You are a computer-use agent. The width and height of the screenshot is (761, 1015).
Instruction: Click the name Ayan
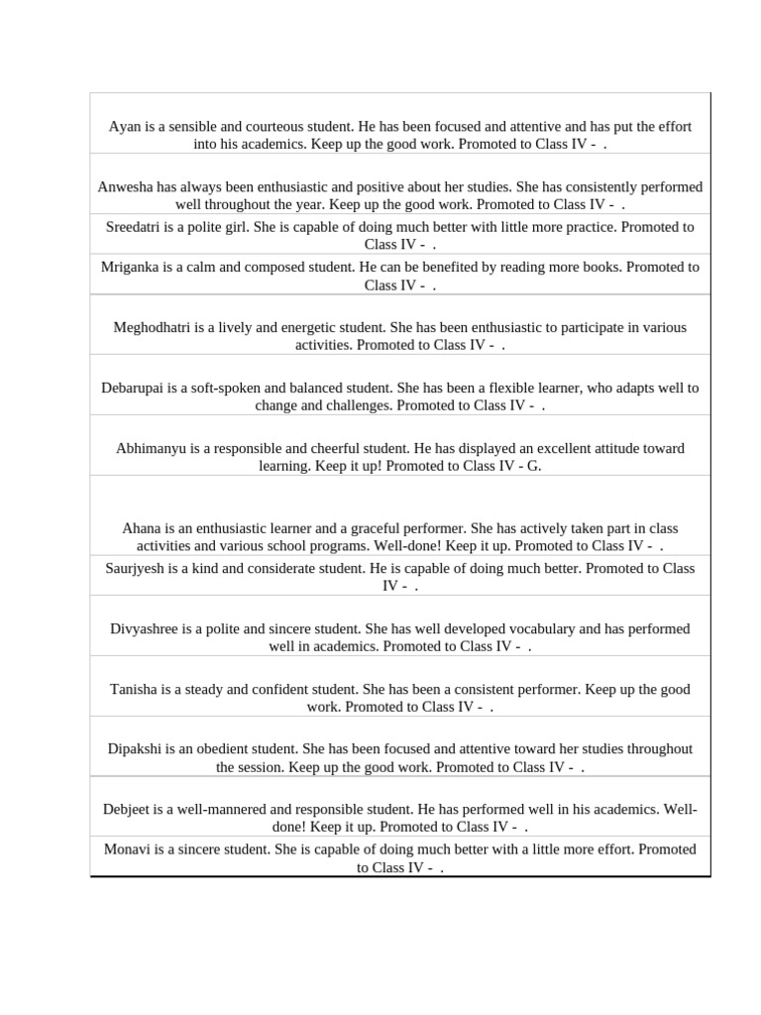pyautogui.click(x=125, y=127)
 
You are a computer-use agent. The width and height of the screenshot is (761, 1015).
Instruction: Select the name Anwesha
pyautogui.click(x=128, y=187)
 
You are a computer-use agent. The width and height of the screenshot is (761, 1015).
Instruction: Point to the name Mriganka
pyautogui.click(x=134, y=267)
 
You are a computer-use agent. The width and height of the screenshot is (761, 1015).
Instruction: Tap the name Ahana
pyautogui.click(x=142, y=529)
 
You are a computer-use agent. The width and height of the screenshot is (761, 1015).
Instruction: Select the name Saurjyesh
pyautogui.click(x=138, y=569)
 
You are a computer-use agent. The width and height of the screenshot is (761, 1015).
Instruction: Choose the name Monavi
pyautogui.click(x=129, y=849)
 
